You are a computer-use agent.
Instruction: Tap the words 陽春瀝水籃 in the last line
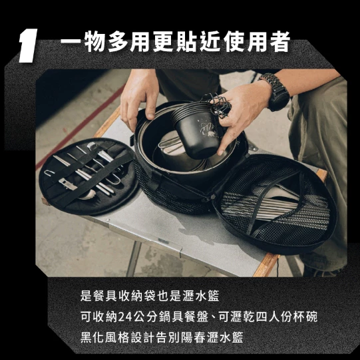coord(217,337)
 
